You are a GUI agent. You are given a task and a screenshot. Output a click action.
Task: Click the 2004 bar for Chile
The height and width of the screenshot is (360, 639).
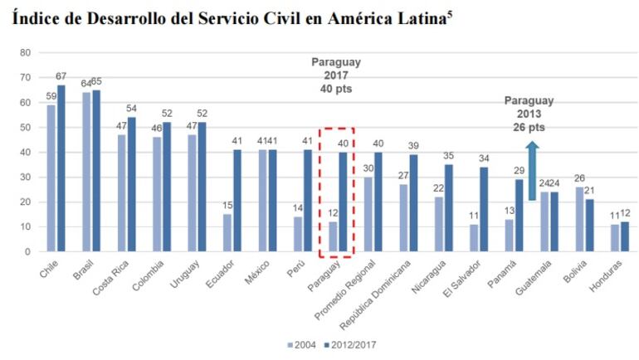pyautogui.click(x=51, y=178)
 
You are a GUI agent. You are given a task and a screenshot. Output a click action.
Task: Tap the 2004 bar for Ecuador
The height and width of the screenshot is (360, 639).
pyautogui.click(x=227, y=233)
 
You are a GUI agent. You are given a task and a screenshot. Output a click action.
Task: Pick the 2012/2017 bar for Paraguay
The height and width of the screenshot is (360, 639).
pyautogui.click(x=343, y=202)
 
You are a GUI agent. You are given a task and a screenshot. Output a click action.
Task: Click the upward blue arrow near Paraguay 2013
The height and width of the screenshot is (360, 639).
pyautogui.click(x=532, y=171)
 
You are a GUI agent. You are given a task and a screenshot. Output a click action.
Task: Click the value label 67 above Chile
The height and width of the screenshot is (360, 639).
pyautogui.click(x=61, y=76)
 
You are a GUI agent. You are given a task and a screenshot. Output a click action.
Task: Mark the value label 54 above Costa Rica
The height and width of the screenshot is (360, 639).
pyautogui.click(x=131, y=109)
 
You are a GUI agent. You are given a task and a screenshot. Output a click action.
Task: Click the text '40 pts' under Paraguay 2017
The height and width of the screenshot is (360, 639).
pyautogui.click(x=336, y=90)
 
